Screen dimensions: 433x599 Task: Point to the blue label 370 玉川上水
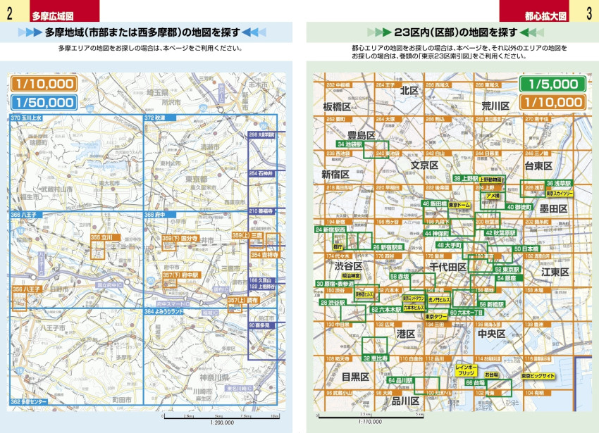point(27,118)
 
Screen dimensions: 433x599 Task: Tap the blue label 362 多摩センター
point(28,401)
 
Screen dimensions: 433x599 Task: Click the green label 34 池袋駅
point(349,144)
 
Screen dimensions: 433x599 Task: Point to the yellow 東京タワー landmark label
point(438,317)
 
